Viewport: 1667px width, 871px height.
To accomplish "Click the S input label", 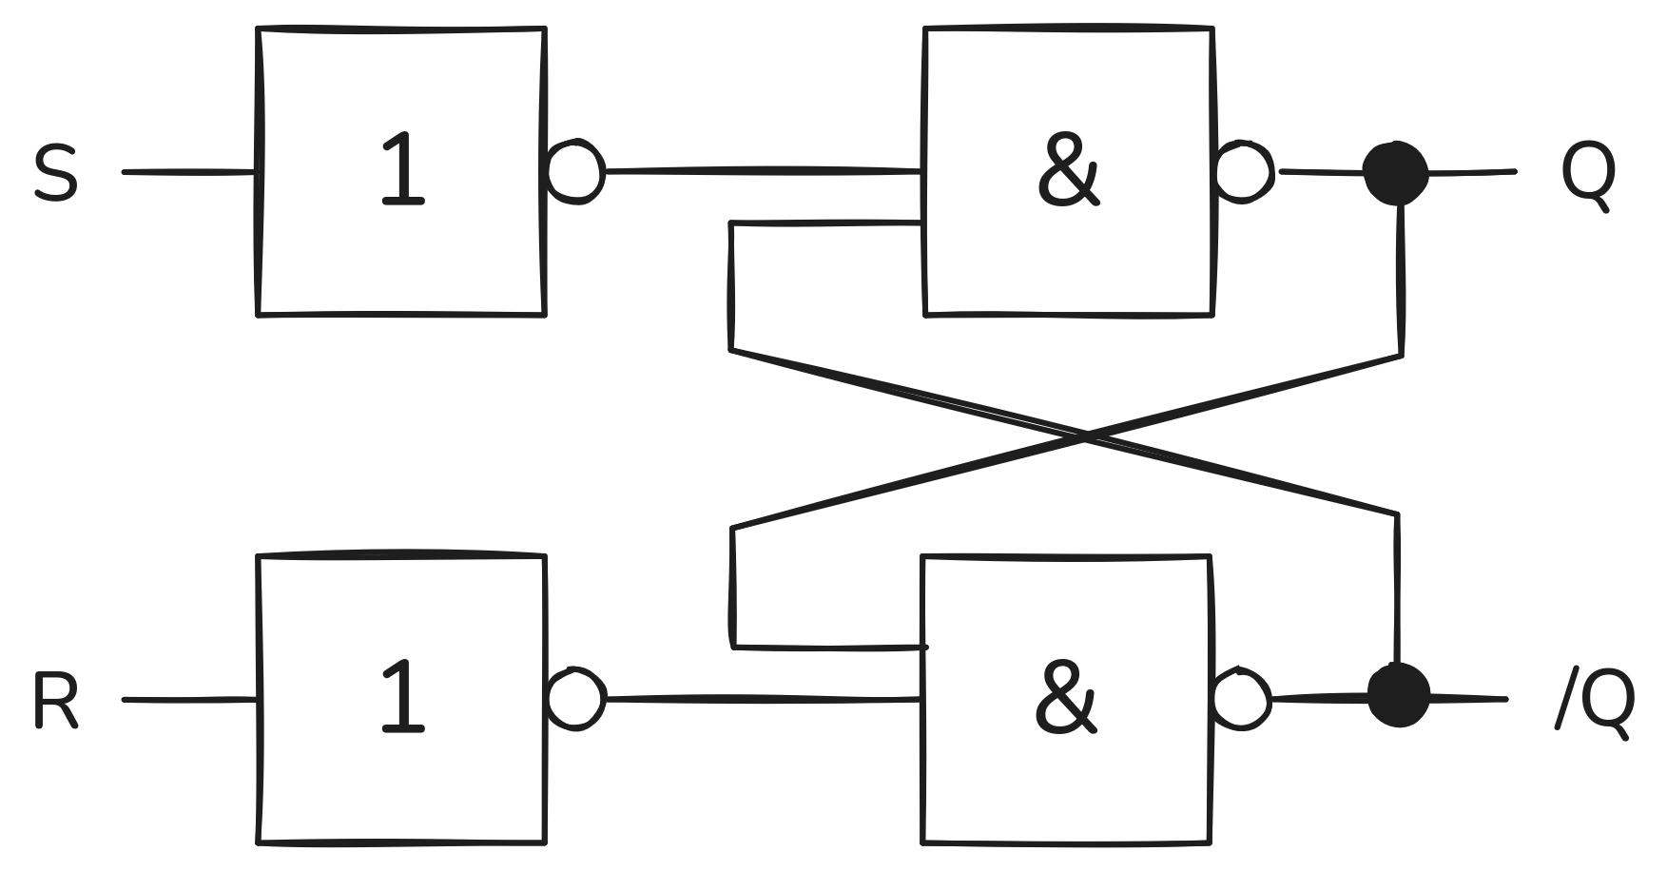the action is click(x=55, y=173).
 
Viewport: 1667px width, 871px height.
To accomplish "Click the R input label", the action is click(x=55, y=701).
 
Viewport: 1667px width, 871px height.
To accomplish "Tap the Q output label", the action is click(x=1588, y=177).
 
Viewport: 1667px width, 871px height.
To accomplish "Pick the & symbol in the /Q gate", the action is click(x=1066, y=699).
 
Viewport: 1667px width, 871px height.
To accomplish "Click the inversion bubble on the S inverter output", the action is click(x=575, y=172).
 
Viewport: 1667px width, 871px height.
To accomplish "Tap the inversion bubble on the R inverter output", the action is click(x=575, y=699).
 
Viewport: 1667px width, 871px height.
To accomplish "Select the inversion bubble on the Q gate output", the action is click(x=1245, y=171).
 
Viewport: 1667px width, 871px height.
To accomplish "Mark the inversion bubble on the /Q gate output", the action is click(x=1242, y=699).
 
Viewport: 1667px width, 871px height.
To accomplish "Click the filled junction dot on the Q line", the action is click(x=1396, y=173).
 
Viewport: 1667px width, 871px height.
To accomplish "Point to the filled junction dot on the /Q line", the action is click(x=1398, y=695).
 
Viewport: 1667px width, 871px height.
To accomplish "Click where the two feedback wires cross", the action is click(x=1085, y=437).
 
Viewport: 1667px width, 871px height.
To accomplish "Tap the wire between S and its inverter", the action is click(x=189, y=172).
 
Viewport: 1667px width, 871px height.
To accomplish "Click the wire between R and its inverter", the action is click(x=189, y=700).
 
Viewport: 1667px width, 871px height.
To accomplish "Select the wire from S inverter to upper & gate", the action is click(x=764, y=171).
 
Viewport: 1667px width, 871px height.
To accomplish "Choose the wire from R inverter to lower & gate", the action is click(x=764, y=699).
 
